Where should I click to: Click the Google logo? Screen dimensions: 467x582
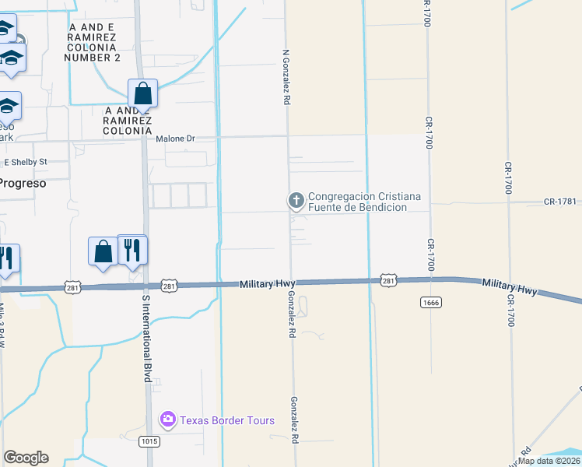point(26,458)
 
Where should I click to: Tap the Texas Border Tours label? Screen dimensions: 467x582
point(227,421)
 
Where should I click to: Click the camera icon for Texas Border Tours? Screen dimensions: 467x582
point(167,420)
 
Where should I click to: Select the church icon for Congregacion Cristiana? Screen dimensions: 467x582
point(296,202)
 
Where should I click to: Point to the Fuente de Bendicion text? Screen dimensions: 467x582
point(358,208)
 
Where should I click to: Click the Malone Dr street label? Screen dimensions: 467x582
point(175,139)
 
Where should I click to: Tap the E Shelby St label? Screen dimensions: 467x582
point(26,162)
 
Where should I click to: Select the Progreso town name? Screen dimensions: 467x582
point(23,184)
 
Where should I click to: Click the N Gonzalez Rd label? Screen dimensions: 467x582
point(286,78)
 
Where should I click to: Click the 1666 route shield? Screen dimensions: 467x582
point(430,301)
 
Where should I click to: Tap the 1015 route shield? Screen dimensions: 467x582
point(150,441)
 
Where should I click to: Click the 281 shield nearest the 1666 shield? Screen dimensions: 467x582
point(389,280)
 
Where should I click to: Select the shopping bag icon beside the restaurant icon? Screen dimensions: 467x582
point(103,251)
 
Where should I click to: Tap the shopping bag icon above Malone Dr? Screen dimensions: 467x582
point(143,93)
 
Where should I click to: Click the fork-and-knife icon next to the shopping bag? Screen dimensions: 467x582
point(132,250)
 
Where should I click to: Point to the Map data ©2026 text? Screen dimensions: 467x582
point(549,461)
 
